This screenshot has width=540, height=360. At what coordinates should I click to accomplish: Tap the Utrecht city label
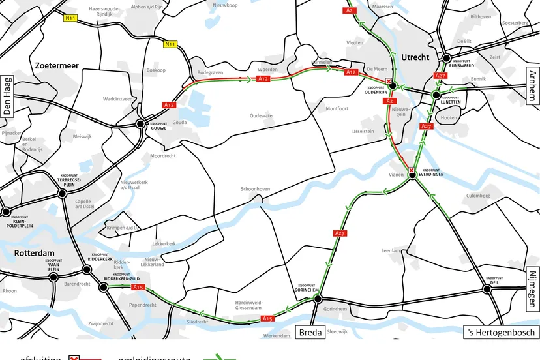pos(415,57)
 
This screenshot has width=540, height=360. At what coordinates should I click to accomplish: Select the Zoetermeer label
pos(57,66)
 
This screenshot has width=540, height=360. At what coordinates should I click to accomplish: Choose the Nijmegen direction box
pos(533,289)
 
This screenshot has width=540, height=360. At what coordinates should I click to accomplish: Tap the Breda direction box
pos(310,332)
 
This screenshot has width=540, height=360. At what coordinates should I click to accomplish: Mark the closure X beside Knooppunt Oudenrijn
pos(389,82)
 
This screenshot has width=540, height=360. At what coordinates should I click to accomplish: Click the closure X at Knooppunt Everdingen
pos(412,171)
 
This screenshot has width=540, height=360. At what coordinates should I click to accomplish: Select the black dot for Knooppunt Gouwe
pos(140,123)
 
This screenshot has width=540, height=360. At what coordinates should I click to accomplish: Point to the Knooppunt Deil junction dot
pos(487,288)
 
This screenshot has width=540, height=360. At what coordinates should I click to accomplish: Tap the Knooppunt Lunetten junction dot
pos(436,95)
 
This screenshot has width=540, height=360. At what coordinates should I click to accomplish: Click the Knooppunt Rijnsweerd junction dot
pos(447,59)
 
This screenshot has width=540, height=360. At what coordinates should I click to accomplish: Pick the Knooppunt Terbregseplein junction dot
pos(63,193)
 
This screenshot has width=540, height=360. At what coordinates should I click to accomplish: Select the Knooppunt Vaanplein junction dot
pos(53,277)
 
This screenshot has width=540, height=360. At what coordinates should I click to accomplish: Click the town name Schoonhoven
pos(255,188)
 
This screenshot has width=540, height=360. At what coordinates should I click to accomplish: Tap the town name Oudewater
pos(262,116)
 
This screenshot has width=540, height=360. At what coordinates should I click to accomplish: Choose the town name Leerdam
pos(391,250)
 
